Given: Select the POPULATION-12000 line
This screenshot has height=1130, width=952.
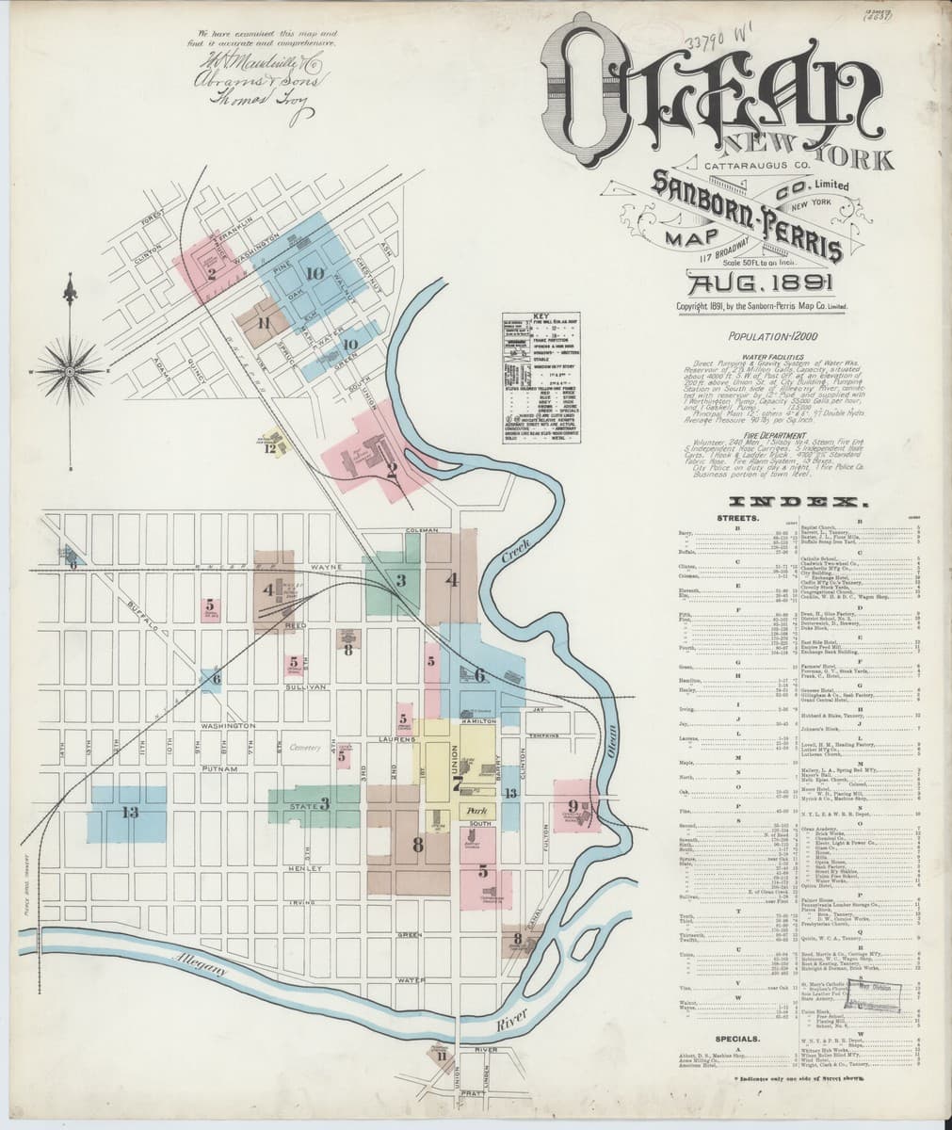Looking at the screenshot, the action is [772, 335].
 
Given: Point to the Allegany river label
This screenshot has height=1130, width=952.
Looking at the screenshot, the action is [198, 969].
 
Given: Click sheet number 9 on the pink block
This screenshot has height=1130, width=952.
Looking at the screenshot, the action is [573, 805].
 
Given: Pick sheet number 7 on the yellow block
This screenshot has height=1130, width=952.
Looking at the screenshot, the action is [457, 781].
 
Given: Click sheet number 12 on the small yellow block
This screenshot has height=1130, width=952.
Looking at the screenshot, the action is [271, 448].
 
